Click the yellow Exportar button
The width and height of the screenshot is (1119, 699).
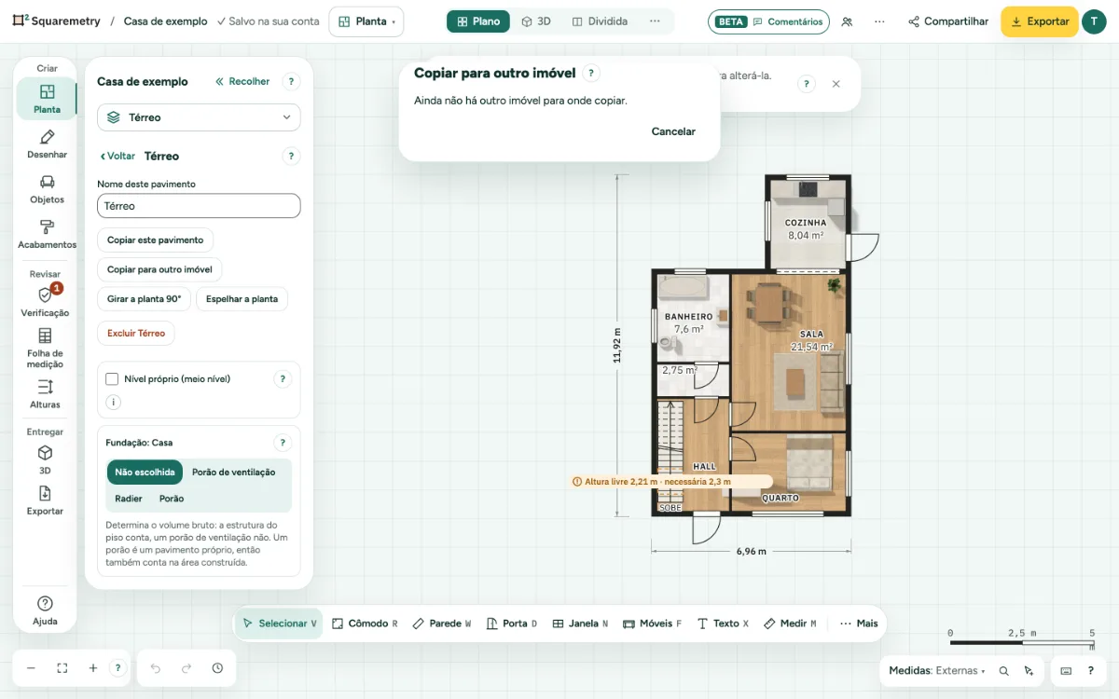coord(1039,21)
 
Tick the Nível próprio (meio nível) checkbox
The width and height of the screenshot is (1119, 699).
coord(112,379)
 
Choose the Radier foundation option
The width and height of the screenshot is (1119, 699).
coord(129,499)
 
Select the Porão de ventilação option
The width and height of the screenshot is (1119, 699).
coord(233,472)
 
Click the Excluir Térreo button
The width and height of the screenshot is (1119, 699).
coord(136,333)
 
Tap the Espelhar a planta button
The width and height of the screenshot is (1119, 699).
coord(242,298)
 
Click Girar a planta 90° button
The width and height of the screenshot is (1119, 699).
coord(144,298)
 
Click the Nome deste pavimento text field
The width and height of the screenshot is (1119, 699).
coord(199,206)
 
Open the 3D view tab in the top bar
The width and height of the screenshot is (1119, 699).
coord(536,21)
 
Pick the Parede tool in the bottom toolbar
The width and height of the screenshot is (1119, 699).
coord(442,624)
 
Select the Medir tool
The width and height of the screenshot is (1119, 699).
coord(791,624)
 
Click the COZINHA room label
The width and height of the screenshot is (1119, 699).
coord(806,223)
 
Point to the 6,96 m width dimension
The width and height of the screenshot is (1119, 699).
coord(751,551)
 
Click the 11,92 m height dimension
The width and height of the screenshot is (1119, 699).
coord(617,345)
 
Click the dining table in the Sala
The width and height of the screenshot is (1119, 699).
coord(769,304)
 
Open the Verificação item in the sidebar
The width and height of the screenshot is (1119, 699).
coord(45,301)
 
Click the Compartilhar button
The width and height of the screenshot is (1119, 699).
coord(948,21)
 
